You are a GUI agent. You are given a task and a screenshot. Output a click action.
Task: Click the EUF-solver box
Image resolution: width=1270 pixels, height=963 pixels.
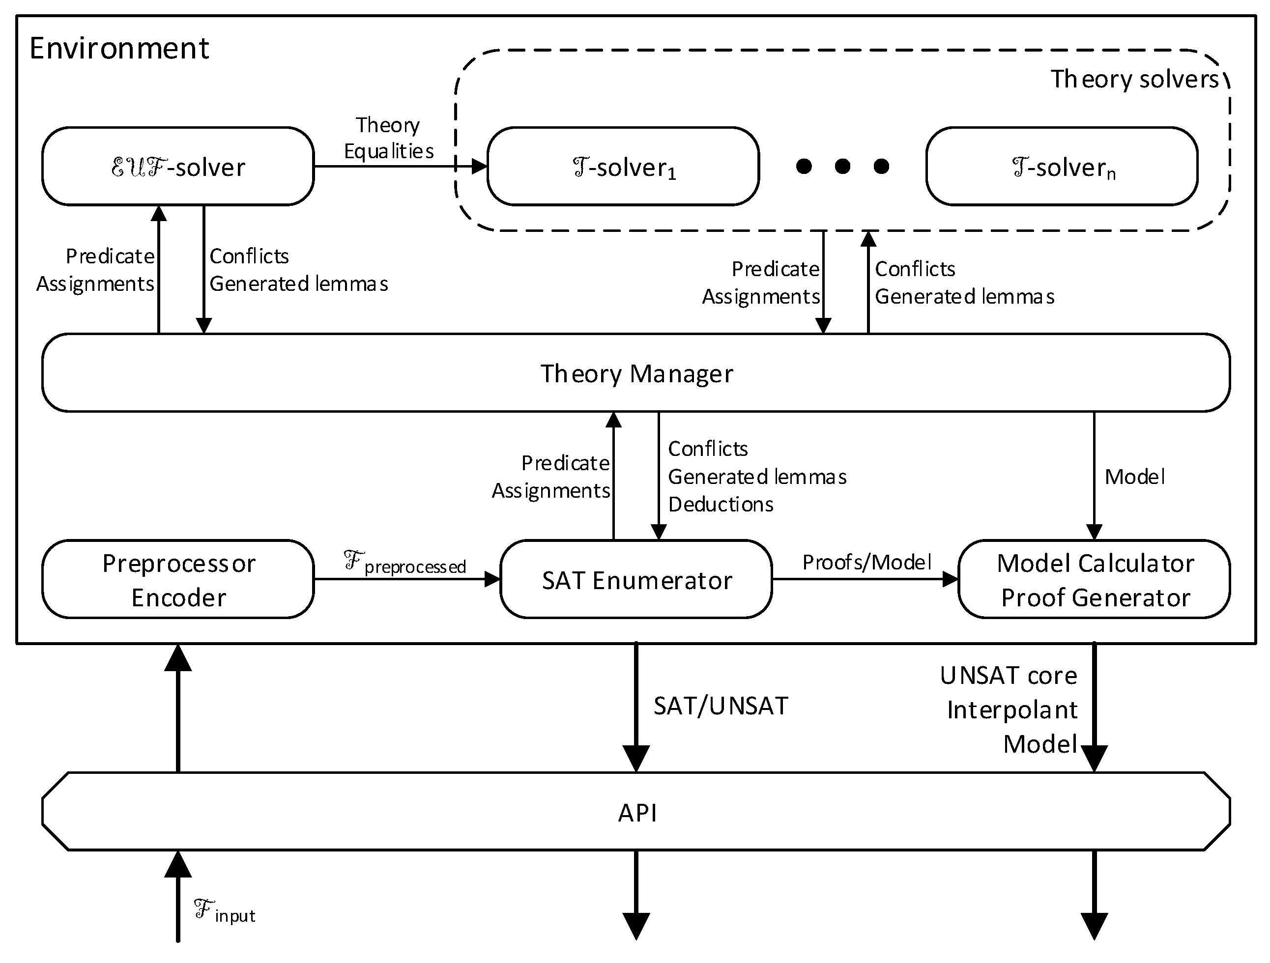point(178,167)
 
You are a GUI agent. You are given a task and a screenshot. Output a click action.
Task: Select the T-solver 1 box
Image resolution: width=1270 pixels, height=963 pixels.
point(623,167)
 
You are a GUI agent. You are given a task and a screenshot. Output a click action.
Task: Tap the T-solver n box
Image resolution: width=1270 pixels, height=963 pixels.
point(1062,167)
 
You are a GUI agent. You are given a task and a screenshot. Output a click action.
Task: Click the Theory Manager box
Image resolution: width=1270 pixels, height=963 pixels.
point(636,373)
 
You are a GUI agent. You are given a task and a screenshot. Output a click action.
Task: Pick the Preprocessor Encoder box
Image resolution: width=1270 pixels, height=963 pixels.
point(178,580)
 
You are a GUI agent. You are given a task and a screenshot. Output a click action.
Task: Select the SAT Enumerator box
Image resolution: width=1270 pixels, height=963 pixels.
point(636,580)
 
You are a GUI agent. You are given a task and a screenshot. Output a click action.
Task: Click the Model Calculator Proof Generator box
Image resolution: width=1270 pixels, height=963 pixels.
point(1095,580)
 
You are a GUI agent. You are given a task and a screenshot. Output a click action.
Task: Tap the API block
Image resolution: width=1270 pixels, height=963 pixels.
point(636,812)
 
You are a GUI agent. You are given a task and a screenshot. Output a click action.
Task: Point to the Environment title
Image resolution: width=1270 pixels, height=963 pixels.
point(119,48)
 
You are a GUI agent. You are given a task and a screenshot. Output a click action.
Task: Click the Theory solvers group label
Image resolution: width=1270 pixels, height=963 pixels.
point(1134,79)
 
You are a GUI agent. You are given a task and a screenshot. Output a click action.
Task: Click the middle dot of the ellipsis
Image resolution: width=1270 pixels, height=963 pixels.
point(842,167)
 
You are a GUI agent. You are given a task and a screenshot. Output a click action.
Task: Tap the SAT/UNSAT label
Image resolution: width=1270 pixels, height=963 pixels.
point(721,706)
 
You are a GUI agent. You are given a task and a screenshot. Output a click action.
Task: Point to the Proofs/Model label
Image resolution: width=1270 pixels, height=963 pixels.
point(867,563)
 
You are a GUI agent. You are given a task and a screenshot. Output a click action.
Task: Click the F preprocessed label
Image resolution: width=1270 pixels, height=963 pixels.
point(405,563)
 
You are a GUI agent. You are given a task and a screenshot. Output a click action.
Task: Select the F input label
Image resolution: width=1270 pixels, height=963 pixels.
point(225,911)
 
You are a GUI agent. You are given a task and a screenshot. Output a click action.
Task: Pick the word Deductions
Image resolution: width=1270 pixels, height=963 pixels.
point(721,505)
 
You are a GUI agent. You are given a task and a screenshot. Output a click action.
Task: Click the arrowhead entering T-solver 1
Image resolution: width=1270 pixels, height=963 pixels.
point(479,167)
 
